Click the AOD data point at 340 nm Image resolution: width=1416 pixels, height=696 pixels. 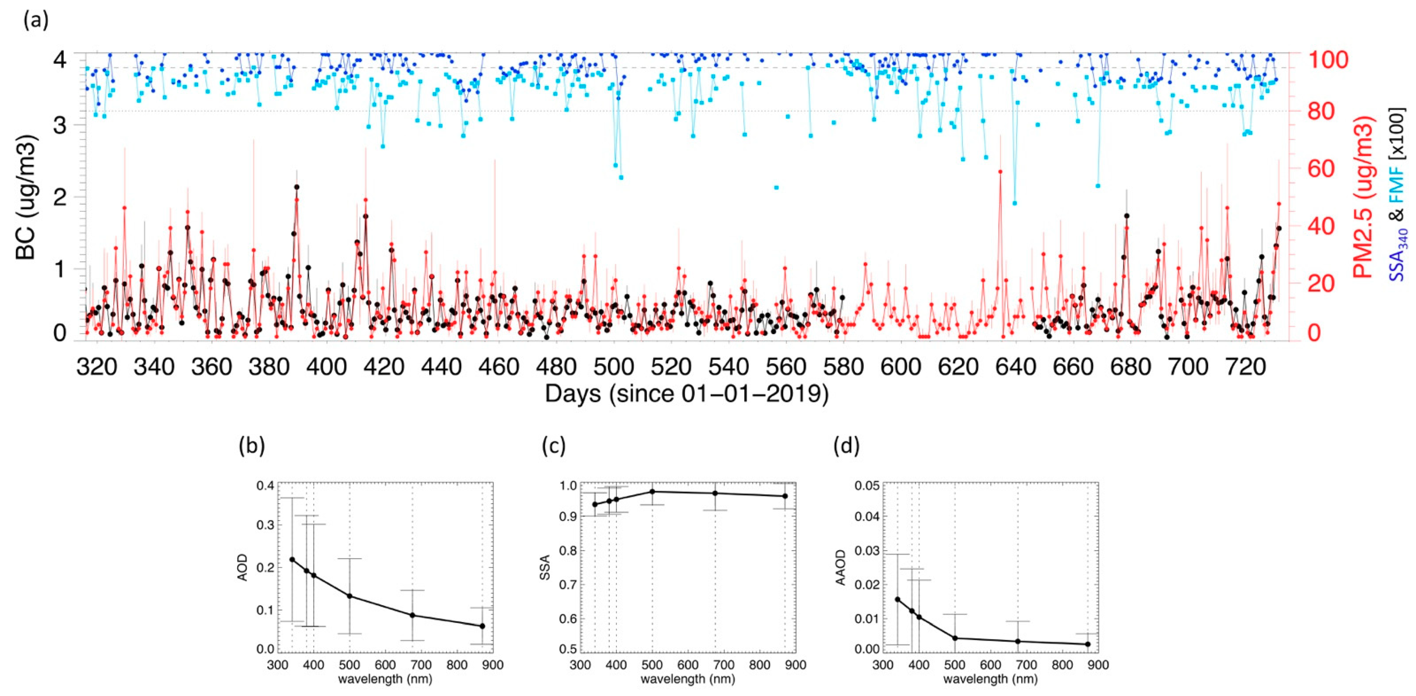(292, 560)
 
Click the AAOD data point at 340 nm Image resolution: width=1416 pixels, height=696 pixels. (897, 599)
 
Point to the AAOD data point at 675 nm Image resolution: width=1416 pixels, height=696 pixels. (1018, 641)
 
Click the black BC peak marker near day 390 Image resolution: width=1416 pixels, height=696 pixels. (297, 187)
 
